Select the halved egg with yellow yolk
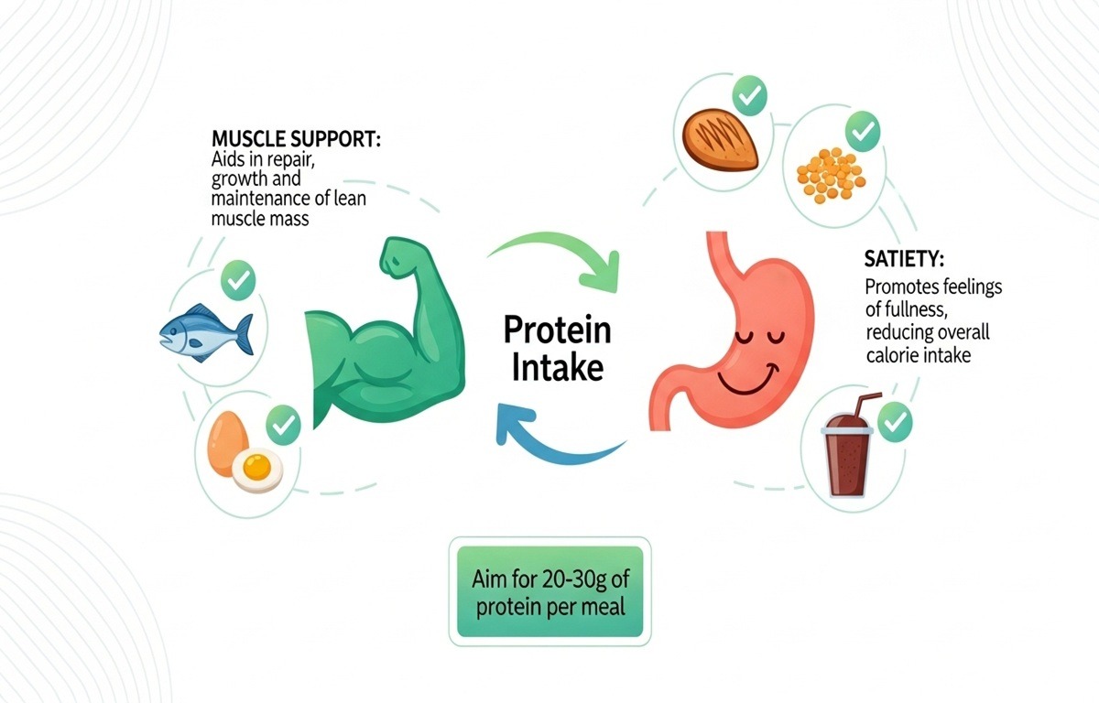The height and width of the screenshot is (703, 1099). click(257, 470)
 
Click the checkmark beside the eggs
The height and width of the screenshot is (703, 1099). click(283, 424)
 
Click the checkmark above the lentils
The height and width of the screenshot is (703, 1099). click(862, 135)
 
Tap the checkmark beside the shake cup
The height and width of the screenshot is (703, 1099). click(895, 422)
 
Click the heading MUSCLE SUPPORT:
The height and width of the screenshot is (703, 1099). click(296, 140)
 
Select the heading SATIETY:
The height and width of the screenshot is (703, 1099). click(906, 259)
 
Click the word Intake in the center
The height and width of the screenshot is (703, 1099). click(557, 368)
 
